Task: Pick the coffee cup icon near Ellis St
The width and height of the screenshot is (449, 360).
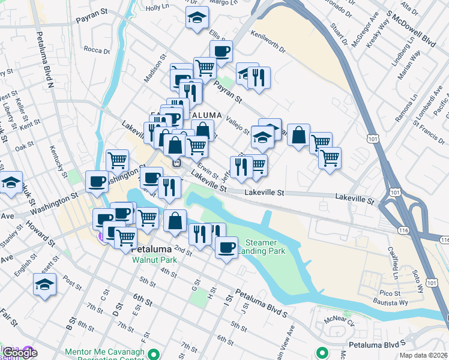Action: (x=221, y=52)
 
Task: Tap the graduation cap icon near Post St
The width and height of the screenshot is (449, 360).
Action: (x=44, y=284)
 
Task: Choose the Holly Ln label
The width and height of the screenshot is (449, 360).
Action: (x=157, y=7)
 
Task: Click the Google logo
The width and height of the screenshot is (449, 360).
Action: (x=20, y=353)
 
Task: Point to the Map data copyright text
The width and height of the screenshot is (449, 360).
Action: (x=424, y=355)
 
